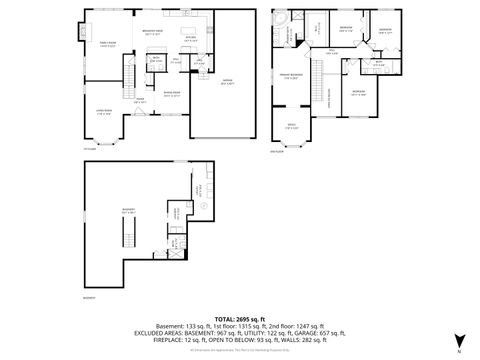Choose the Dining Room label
tap(171, 94)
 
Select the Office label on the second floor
tap(291, 126)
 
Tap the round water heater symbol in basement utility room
tap(201, 208)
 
